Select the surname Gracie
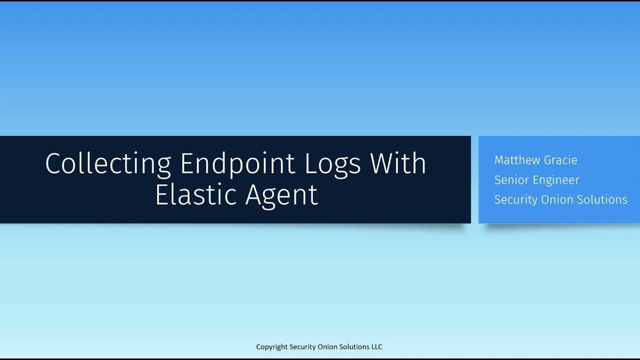click(561, 160)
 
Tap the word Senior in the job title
click(510, 180)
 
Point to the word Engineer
click(555, 180)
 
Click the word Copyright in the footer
click(272, 347)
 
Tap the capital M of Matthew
click(499, 160)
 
